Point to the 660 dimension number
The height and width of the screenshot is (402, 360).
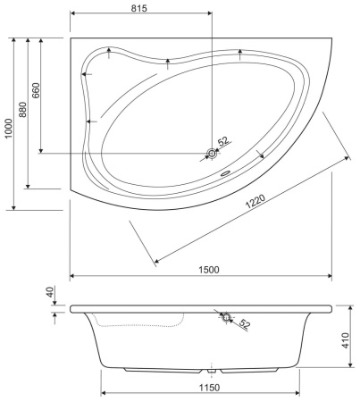click(x=37, y=91)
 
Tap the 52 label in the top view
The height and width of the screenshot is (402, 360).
click(x=223, y=141)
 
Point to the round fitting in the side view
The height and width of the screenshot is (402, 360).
click(x=225, y=316)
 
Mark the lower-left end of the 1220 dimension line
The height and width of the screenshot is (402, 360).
click(x=156, y=261)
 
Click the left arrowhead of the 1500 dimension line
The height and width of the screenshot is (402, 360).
click(x=72, y=276)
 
